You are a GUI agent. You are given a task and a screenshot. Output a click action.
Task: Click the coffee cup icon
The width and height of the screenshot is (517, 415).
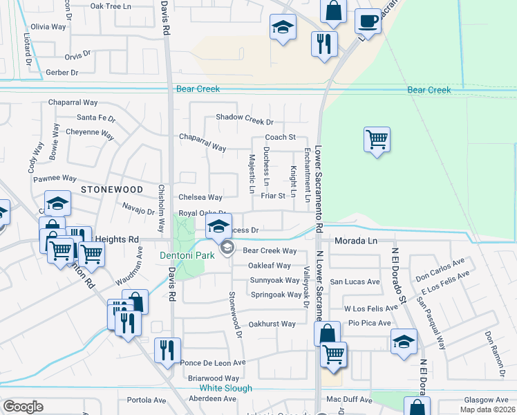point(368,20)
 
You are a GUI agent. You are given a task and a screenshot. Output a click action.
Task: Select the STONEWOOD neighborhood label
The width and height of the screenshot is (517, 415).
point(112,189)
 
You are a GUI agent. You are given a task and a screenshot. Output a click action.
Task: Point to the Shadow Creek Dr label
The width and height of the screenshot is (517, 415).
point(245,117)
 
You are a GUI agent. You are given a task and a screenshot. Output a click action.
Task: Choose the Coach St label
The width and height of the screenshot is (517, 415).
point(280,138)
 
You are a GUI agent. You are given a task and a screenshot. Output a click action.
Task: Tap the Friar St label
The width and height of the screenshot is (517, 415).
point(273,196)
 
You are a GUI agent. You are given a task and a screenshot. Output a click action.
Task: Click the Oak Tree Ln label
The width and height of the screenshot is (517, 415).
point(111,6)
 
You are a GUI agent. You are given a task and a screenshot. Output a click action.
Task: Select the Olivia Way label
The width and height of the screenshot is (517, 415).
point(48,27)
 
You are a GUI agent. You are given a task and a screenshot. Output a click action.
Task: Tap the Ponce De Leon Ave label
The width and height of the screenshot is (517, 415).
point(213,362)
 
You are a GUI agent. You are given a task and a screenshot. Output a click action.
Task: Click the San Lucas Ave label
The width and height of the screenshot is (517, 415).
point(355,282)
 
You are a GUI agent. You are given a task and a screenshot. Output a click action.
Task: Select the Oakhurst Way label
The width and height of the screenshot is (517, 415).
point(272,324)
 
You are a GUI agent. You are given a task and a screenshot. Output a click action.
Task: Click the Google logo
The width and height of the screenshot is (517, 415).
point(23,407)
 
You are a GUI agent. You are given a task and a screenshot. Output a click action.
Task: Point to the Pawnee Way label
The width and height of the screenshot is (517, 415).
point(55,178)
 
